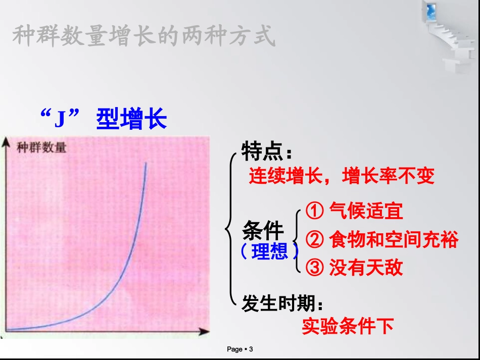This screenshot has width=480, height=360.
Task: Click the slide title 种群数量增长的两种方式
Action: coord(143,36)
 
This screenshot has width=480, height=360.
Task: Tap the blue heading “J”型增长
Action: coord(103,120)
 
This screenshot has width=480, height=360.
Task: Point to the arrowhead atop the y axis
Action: coord(7,142)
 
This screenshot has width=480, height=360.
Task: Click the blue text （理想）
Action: coord(269,251)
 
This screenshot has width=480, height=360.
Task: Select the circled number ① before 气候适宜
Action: coord(315,211)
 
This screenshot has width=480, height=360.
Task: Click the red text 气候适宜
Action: coord(366,211)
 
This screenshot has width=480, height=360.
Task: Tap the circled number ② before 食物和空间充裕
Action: coord(315,239)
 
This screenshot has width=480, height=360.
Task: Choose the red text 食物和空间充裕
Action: coord(394,239)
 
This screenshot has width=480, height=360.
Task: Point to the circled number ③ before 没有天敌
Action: coord(315,267)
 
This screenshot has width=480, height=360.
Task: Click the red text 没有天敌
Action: coord(366,267)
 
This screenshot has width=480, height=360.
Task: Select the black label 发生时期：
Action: coord(282,304)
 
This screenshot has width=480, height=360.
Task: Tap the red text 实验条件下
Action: coord(348,326)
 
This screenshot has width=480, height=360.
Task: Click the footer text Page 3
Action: coord(239,349)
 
